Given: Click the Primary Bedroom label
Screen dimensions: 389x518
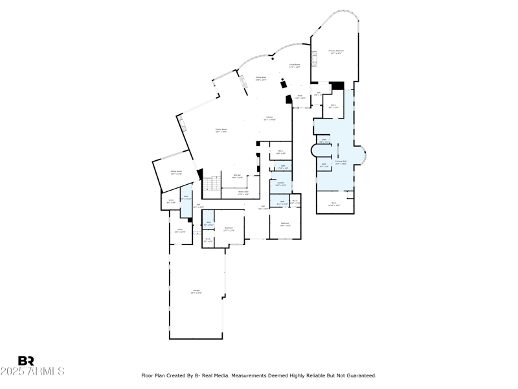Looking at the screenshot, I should pyautogui.click(x=335, y=51).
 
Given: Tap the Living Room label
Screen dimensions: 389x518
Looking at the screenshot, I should pyautogui.click(x=294, y=65).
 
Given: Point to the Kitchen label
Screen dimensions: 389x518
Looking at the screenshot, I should pyautogui.click(x=268, y=118).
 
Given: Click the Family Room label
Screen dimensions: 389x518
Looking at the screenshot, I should pyautogui.click(x=221, y=130).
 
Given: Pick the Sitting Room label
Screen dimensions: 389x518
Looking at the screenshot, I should pyautogui.click(x=175, y=172).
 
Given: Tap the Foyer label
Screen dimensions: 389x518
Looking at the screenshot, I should pyautogui.click(x=300, y=97).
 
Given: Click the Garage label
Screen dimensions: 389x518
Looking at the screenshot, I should pyautogui.click(x=196, y=291).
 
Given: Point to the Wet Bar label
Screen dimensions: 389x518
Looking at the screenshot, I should pyautogui.click(x=237, y=176).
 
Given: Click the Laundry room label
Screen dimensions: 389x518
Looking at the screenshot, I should pyautogui.click(x=280, y=183).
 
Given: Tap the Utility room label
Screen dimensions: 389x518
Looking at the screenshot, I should pyautogui.click(x=180, y=230).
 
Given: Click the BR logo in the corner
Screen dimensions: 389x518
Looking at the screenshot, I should pyautogui.click(x=26, y=360).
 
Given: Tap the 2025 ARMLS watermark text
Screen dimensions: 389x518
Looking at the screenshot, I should pyautogui.click(x=32, y=371).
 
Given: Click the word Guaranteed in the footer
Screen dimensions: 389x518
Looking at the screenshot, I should pyautogui.click(x=357, y=375).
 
